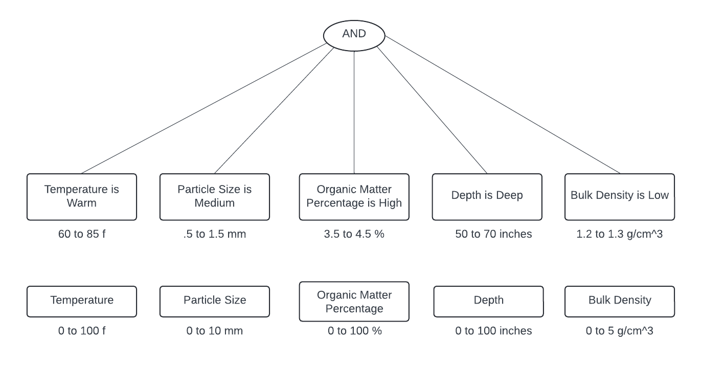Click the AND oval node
pyautogui.click(x=354, y=34)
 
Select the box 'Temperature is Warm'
pyautogui.click(x=82, y=197)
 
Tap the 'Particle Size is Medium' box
pyautogui.click(x=215, y=197)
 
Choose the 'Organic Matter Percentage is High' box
pyautogui.click(x=354, y=197)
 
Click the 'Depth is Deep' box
pyautogui.click(x=487, y=197)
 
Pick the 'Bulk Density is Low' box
pyautogui.click(x=620, y=197)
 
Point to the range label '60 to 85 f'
pyautogui.click(x=82, y=234)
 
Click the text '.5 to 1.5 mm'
pyautogui.click(x=215, y=234)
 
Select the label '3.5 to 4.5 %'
pyautogui.click(x=354, y=234)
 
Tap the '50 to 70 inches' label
pyautogui.click(x=493, y=234)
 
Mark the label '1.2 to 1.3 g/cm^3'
pyautogui.click(x=620, y=234)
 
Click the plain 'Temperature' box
pyautogui.click(x=82, y=301)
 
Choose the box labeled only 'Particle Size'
pyautogui.click(x=215, y=301)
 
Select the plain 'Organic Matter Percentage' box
pyautogui.click(x=354, y=302)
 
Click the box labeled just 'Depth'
pyautogui.click(x=488, y=301)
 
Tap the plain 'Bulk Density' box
pyautogui.click(x=620, y=301)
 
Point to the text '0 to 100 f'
pyautogui.click(x=82, y=331)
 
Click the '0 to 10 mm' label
pyautogui.click(x=215, y=331)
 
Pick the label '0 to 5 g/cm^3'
pyautogui.click(x=620, y=331)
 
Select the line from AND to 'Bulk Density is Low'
pyautogui.click(x=503, y=105)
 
